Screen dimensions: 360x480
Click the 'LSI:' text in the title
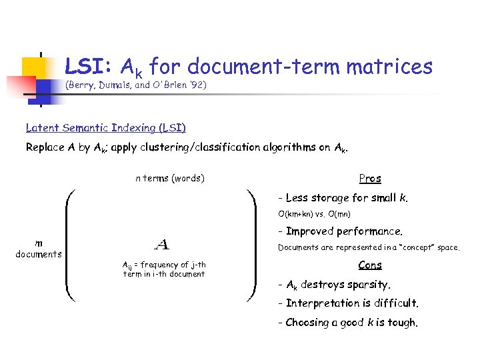click(x=89, y=67)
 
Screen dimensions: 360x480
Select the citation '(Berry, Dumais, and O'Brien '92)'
click(x=136, y=86)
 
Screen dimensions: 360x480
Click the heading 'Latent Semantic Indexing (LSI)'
click(x=106, y=127)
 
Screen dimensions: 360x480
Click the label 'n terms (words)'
click(x=170, y=178)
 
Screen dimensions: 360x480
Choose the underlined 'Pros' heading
click(x=370, y=178)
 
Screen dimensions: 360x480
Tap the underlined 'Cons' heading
click(x=370, y=265)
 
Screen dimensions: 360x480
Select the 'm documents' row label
click(x=39, y=249)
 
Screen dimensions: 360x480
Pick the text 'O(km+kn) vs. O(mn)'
click(x=315, y=215)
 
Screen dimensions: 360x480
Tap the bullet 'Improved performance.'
click(x=343, y=232)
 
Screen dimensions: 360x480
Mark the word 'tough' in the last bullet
click(x=402, y=323)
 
